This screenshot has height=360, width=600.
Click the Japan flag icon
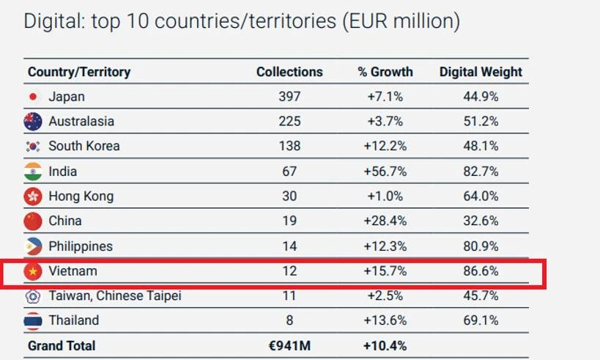tap(32, 97)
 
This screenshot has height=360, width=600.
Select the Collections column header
tap(289, 72)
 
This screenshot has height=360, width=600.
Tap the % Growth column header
tap(385, 72)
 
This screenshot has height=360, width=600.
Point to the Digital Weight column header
tap(481, 72)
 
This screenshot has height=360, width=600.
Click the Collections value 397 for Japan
tap(289, 96)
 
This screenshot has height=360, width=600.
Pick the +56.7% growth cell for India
tap(385, 172)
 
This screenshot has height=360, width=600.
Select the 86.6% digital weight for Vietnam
tap(481, 271)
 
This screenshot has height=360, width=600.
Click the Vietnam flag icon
tap(33, 271)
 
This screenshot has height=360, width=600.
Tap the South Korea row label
tap(84, 146)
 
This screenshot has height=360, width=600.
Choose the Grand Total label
tap(62, 345)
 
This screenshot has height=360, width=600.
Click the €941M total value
tap(289, 345)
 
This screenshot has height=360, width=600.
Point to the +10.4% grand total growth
tap(385, 345)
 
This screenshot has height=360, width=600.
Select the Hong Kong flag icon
tap(33, 196)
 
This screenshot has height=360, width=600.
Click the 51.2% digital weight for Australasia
tap(481, 121)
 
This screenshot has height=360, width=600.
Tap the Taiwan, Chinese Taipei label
tap(114, 296)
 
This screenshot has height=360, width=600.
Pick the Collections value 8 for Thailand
tap(289, 320)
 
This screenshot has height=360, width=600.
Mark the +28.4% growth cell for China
tap(385, 221)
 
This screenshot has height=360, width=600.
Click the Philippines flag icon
tap(33, 246)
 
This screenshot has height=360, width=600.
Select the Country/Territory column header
tap(79, 72)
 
